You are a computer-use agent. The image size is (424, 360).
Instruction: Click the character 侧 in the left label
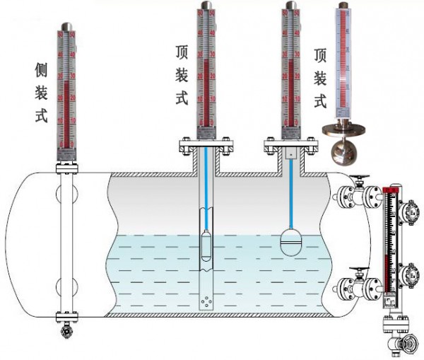[40, 69]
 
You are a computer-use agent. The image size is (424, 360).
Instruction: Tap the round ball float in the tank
[291, 240]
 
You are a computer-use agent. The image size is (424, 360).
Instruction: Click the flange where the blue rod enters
[204, 148]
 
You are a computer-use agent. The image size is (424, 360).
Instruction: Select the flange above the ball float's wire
[290, 148]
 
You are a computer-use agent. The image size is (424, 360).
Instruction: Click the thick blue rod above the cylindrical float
[205, 191]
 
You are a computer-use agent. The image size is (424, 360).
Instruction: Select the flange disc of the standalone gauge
[343, 129]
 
